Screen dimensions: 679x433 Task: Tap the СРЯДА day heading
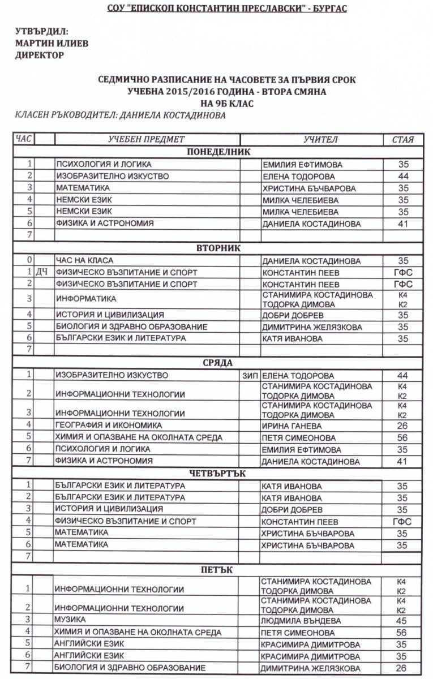pyautogui.click(x=218, y=363)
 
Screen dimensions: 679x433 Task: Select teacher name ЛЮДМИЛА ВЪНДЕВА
pyautogui.click(x=301, y=621)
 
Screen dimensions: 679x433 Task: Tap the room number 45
pyautogui.click(x=402, y=621)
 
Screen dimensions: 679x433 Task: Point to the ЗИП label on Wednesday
pyautogui.click(x=249, y=375)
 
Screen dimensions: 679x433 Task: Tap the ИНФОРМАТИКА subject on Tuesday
pyautogui.click(x=85, y=299)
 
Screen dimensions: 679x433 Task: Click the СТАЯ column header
pyautogui.click(x=402, y=139)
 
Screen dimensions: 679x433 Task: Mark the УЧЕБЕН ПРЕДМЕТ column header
pyautogui.click(x=146, y=139)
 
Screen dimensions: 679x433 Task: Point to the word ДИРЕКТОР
pyautogui.click(x=40, y=55)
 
